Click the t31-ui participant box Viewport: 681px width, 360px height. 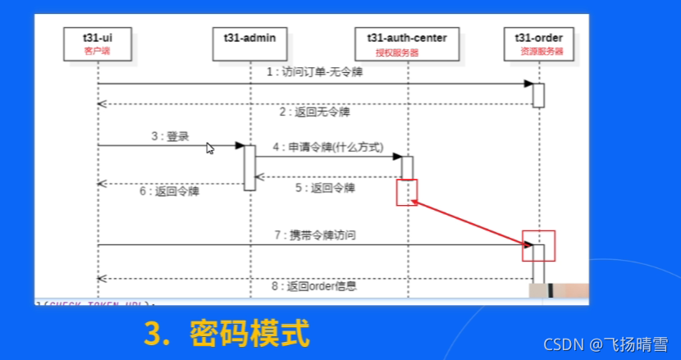(97, 43)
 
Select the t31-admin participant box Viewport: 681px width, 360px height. (249, 43)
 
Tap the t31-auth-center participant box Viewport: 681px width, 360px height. (406, 43)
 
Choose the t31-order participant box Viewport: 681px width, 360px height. (538, 43)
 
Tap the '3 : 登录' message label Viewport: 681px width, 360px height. (170, 136)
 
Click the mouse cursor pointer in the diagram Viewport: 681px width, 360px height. (210, 148)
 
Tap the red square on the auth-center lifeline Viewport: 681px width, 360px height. (407, 193)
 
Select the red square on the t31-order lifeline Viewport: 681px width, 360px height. (539, 245)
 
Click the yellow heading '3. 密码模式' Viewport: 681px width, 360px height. (227, 334)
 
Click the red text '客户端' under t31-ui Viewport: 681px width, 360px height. (97, 51)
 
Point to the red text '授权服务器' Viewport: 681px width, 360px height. (397, 52)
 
